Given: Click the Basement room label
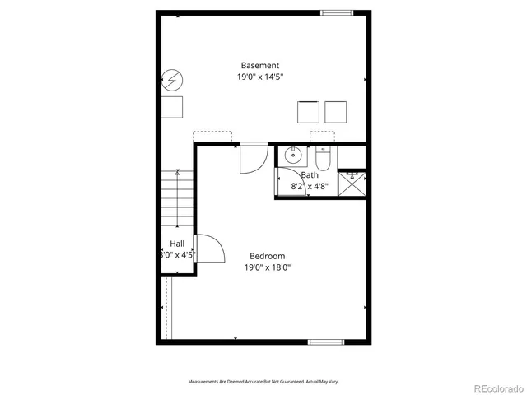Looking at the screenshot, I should pos(260,66).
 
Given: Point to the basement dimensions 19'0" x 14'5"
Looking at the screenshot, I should pos(260,77).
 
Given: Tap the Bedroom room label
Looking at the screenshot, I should pos(267,255).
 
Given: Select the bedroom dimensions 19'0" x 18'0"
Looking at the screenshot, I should pos(268,267).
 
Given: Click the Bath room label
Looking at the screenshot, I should pos(310,174).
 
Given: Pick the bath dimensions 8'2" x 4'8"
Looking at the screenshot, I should pos(310,186).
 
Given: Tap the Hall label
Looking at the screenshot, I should pos(177,244).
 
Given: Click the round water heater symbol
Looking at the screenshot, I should pos(173,80).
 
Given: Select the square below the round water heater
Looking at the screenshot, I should pos(173,107).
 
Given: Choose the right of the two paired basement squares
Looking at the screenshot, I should pos(336,111).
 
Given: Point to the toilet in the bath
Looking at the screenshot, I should pos(322,156).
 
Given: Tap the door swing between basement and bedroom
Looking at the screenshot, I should pos(253,159).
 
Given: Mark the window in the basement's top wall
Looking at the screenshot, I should pos(336,12).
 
